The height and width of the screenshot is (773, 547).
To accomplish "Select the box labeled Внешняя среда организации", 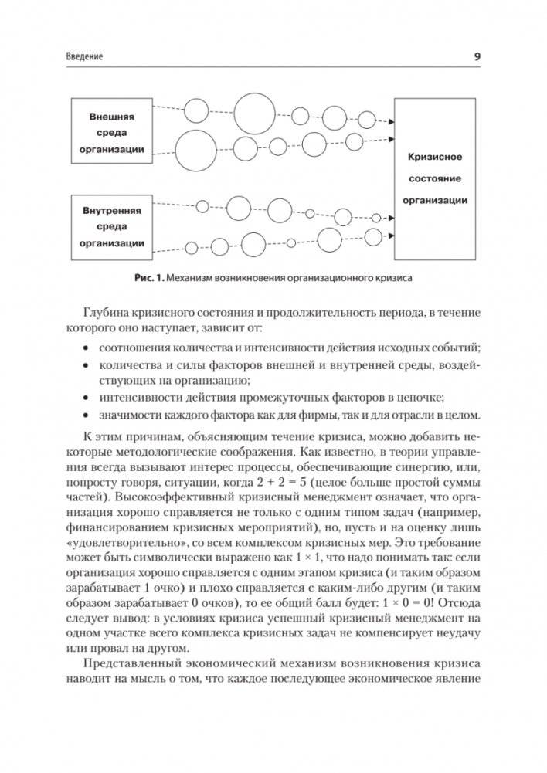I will point(111,131).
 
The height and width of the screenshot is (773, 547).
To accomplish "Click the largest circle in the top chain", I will point(254,114).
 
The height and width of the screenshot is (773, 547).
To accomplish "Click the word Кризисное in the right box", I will point(434,157).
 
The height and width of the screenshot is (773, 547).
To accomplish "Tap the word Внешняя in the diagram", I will point(111,115).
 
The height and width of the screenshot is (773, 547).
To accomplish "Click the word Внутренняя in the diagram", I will point(111,209).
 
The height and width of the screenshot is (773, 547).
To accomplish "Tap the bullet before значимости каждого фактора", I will point(86,415).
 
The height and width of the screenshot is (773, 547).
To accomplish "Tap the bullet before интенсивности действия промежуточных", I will point(86,397).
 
